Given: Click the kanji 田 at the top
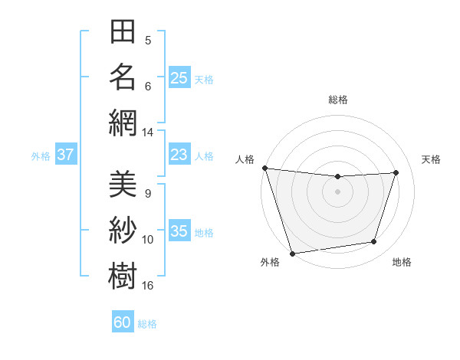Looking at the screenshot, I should click(x=123, y=34).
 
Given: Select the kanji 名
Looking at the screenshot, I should click(x=123, y=78).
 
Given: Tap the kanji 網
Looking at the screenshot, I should click(x=123, y=123).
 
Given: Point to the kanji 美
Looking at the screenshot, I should click(x=123, y=185).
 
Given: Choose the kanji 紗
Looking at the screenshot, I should click(x=123, y=229).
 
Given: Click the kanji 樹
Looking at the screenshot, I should click(x=123, y=274).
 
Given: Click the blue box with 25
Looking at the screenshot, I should click(x=179, y=77).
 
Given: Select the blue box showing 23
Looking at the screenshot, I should click(x=179, y=155).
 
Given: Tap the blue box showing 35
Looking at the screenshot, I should click(x=179, y=231).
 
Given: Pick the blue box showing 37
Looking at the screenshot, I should click(x=66, y=155).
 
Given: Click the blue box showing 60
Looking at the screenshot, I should click(x=123, y=322).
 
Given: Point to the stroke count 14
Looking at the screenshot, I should click(x=148, y=133).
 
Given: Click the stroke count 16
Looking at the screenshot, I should click(x=148, y=286).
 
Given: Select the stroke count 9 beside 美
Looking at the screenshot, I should click(x=148, y=194).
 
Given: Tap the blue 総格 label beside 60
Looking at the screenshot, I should click(x=148, y=323).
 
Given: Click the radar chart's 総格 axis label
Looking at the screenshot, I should click(x=338, y=100).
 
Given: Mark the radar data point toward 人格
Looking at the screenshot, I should click(x=264, y=167).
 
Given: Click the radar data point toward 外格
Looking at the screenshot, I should click(x=292, y=254).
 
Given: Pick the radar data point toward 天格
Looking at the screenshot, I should click(x=396, y=172).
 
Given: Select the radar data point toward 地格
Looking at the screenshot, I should click(x=374, y=242).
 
